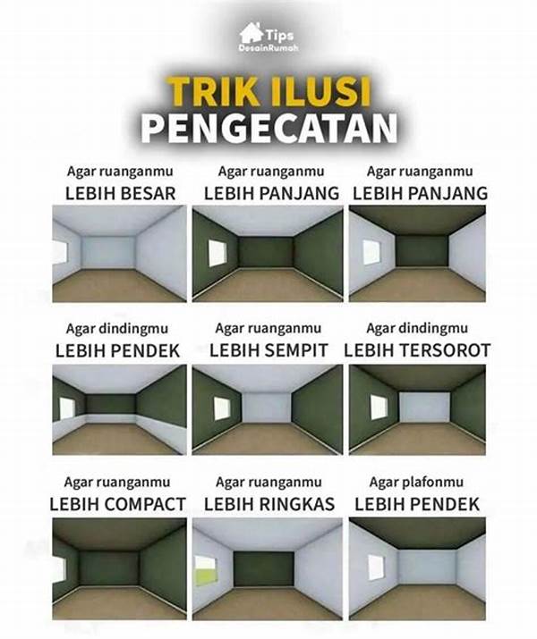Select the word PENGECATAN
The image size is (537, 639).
click(x=268, y=128)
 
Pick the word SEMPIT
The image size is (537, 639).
click(x=301, y=350)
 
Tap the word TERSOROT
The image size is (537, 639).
click(x=444, y=350)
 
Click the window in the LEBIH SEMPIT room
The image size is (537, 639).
click(x=221, y=408)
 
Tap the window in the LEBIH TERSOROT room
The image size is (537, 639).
click(x=379, y=407)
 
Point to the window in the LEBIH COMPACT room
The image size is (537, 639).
click(x=59, y=568)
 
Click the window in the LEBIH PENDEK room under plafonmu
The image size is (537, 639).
click(x=376, y=567)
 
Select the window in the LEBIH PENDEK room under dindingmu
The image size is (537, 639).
click(x=66, y=408)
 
